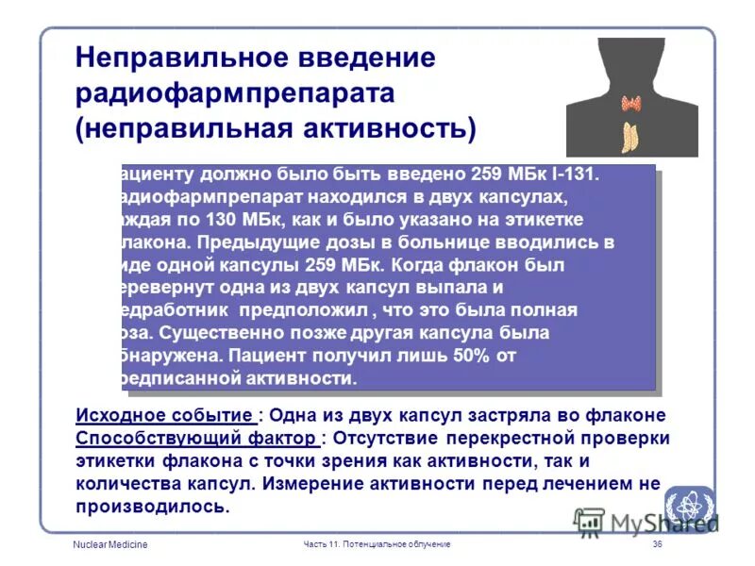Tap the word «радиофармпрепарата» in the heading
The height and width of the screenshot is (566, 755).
[x=235, y=93]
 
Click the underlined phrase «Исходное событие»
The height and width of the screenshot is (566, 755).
[x=164, y=416]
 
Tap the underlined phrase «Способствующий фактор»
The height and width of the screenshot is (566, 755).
[x=195, y=439]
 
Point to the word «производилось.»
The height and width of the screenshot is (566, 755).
[x=153, y=507]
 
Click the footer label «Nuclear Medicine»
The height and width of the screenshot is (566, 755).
[x=110, y=545]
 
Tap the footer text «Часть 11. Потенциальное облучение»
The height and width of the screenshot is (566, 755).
[x=377, y=545]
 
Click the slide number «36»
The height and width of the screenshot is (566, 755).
[x=658, y=545]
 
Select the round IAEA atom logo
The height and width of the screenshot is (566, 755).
[x=689, y=505]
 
